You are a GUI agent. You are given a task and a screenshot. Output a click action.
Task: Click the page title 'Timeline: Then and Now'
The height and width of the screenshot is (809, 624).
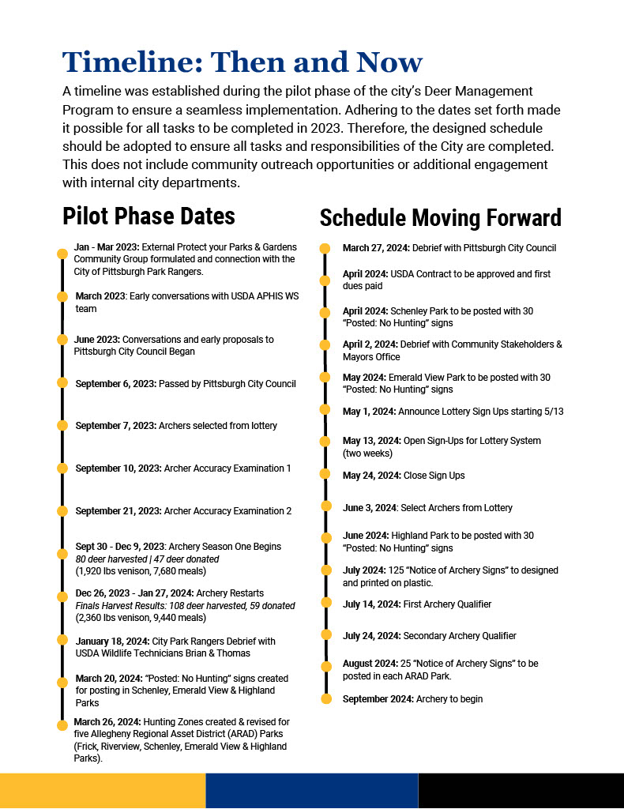click(x=242, y=62)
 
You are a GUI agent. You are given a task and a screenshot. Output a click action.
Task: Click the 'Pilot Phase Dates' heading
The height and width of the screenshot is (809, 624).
click(x=148, y=216)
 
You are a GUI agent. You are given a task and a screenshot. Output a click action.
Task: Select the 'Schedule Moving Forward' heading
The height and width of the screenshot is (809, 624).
click(x=440, y=218)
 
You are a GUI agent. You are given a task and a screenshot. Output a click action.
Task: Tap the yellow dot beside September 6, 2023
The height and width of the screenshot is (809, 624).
click(x=62, y=382)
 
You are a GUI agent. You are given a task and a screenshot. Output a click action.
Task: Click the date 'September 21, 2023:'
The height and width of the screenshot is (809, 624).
click(x=118, y=511)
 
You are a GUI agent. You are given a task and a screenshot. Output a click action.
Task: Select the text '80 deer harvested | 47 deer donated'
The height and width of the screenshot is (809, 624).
click(x=148, y=559)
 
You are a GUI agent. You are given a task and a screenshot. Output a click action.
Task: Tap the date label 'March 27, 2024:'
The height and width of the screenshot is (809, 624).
click(x=376, y=248)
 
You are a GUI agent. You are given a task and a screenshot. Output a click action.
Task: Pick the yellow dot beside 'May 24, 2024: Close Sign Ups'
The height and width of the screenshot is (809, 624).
click(x=324, y=474)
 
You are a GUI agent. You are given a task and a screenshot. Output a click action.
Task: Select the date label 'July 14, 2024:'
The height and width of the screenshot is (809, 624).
click(x=371, y=604)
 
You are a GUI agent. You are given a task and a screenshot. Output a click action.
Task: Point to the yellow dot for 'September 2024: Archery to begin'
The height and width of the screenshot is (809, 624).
click(x=325, y=698)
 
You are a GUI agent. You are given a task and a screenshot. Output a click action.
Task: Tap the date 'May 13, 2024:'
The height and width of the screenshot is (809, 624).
click(x=372, y=440)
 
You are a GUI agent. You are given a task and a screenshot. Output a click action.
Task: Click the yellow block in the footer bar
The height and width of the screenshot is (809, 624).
click(x=103, y=791)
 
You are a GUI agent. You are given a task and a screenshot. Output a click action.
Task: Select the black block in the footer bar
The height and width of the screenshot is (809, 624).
click(x=521, y=791)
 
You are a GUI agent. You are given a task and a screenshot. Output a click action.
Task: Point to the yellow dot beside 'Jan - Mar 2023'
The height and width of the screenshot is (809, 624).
click(x=62, y=254)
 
